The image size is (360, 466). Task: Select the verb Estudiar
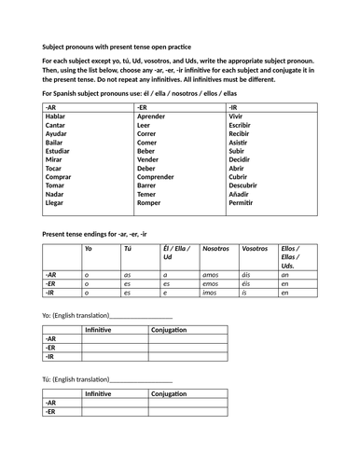coord(58,148)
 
